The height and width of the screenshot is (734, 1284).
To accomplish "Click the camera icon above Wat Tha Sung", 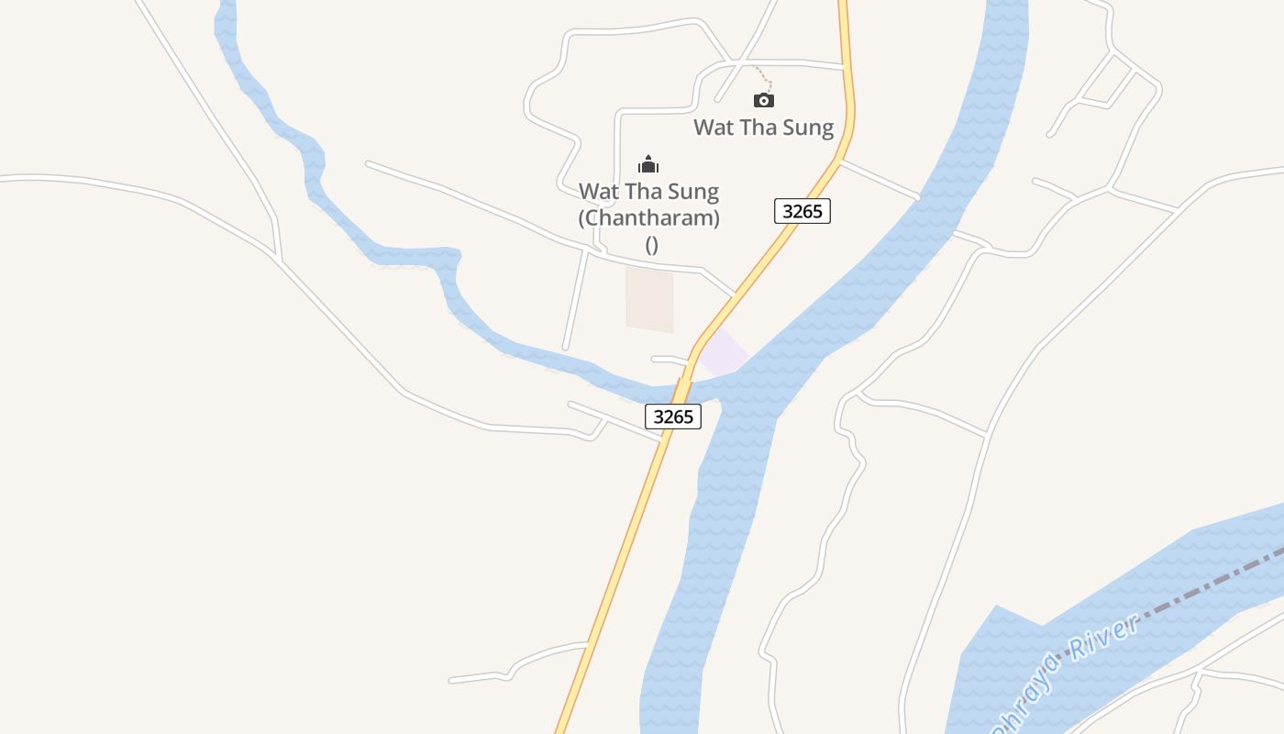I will [763, 100].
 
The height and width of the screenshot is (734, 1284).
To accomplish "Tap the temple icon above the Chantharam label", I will [648, 165].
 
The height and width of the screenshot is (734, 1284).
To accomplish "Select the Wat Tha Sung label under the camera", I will [763, 128].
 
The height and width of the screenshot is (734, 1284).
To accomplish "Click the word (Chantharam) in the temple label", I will [648, 218].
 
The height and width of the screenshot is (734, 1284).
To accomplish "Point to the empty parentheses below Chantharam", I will [651, 245].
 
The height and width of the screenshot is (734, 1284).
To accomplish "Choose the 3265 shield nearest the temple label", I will [802, 211].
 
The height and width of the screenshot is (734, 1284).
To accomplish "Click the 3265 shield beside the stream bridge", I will [673, 417].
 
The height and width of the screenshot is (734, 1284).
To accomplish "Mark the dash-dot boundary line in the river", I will [1192, 587].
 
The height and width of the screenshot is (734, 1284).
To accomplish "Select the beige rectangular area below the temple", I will [649, 298].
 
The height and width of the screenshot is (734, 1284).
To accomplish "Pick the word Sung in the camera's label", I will [810, 128].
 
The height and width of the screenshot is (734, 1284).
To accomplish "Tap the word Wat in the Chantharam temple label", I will [597, 193].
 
